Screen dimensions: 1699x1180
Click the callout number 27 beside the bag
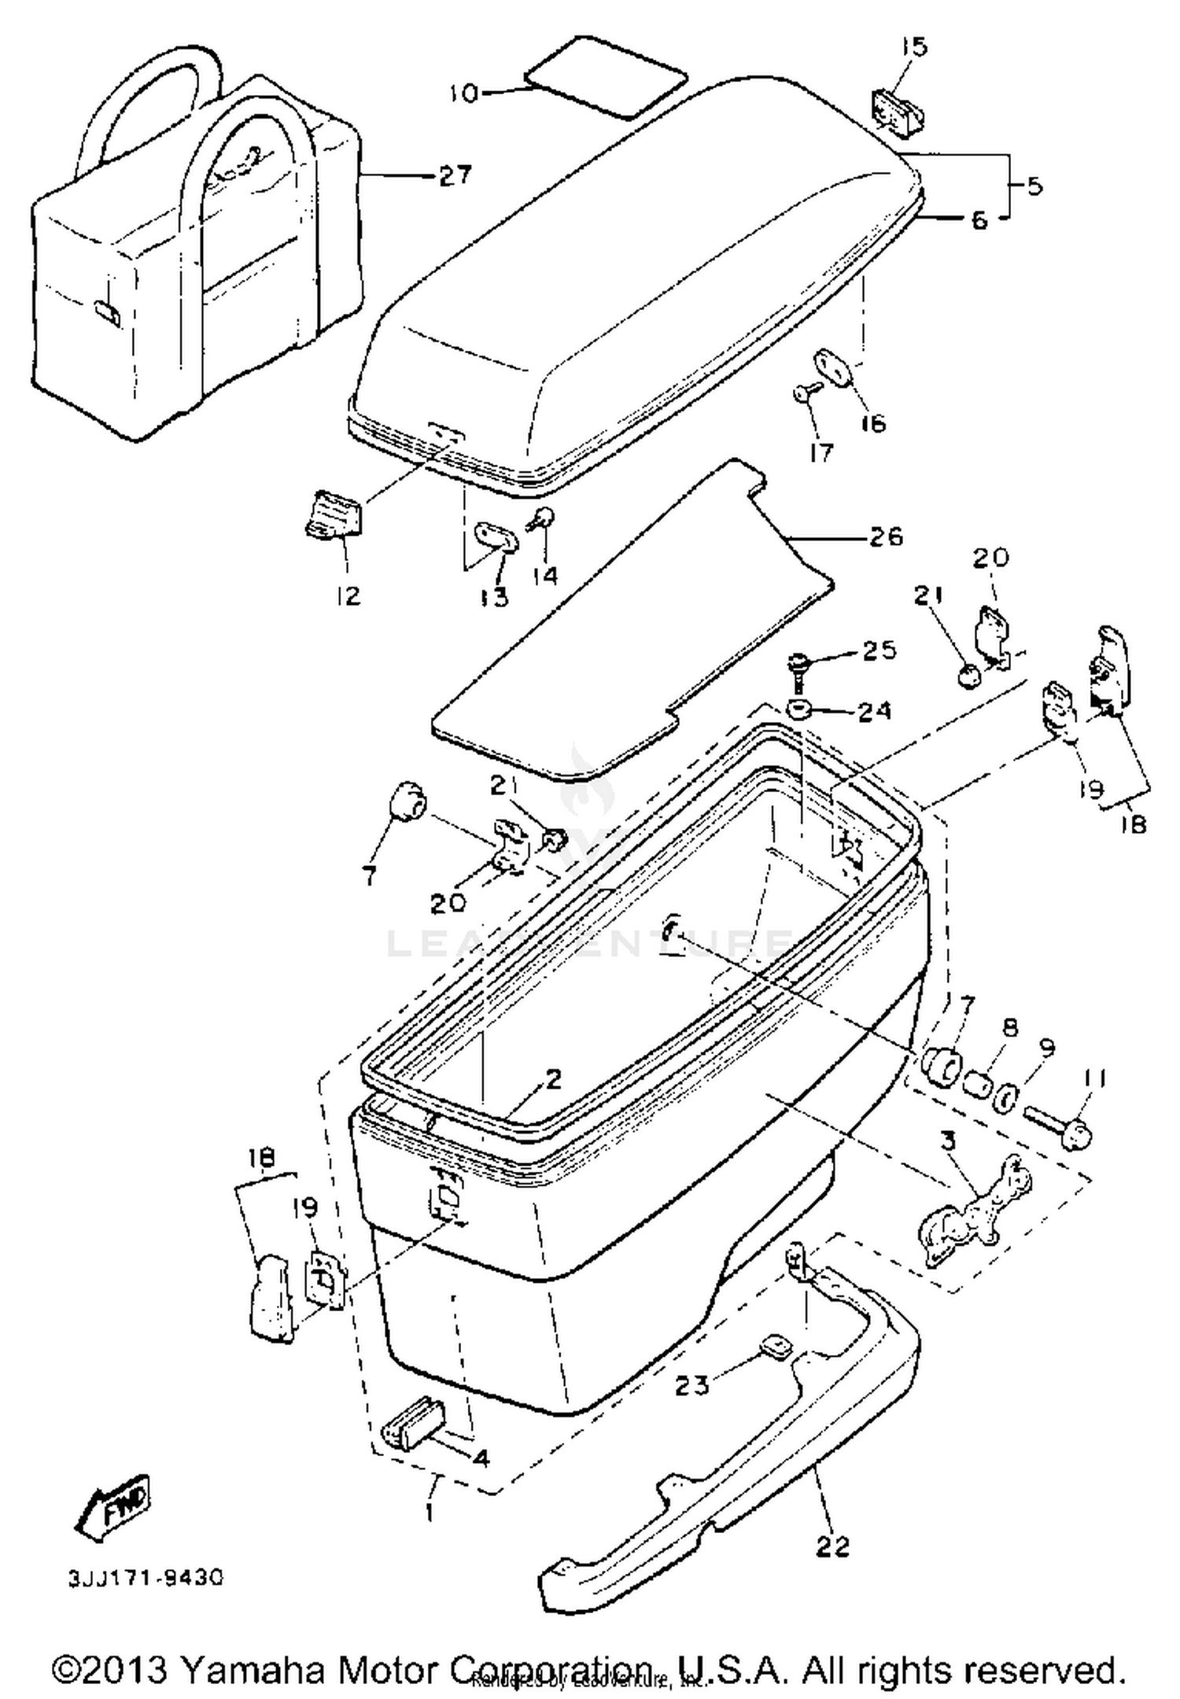(x=455, y=175)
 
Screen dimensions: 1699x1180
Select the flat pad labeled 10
(x=606, y=76)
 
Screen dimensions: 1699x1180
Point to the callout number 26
(x=885, y=537)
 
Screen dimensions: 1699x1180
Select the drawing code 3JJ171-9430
(x=146, y=1578)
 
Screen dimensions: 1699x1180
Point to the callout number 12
(x=347, y=595)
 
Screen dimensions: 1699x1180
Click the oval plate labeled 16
(x=831, y=367)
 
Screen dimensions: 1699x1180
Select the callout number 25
(x=878, y=650)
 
